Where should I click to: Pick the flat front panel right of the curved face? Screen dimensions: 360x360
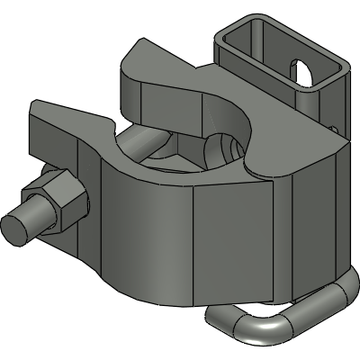tap(243, 243)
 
